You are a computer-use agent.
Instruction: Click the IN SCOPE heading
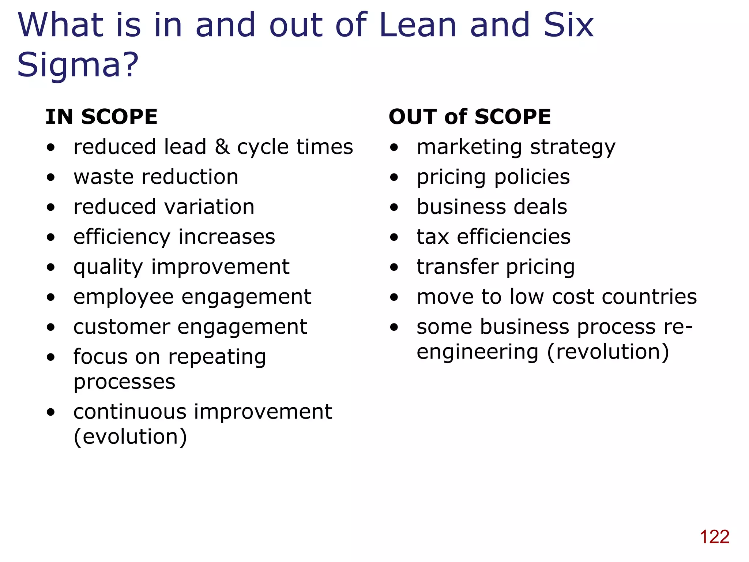pos(101,117)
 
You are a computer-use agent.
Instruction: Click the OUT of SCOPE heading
pos(470,117)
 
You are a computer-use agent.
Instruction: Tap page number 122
pos(714,537)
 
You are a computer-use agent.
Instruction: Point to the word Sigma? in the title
pos(78,65)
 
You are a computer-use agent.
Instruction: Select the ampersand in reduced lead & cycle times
pos(222,147)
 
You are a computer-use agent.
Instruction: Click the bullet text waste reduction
pos(156,177)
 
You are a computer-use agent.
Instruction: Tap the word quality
pos(108,267)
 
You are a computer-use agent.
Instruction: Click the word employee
pos(123,297)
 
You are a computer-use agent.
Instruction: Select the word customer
pos(121,327)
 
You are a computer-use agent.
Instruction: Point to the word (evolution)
pos(130,437)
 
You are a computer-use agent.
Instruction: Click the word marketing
pos(469,147)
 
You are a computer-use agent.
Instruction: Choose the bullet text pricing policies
pos(493,177)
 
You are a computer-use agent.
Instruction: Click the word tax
pos(433,237)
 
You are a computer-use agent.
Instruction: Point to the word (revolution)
pos(608,352)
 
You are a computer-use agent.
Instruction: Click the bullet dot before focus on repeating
pos(51,357)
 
